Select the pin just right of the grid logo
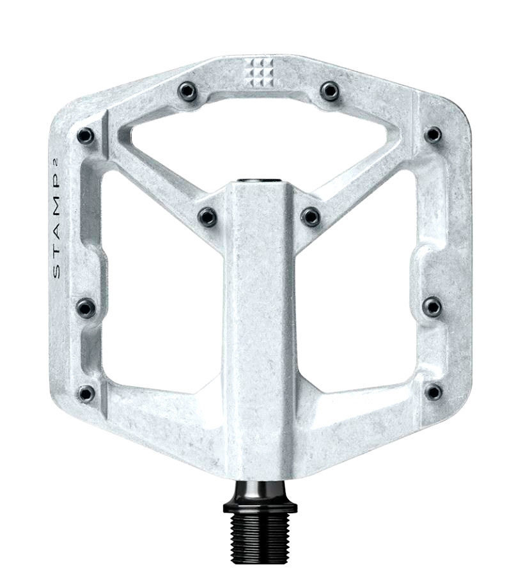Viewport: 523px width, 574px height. pyautogui.click(x=329, y=90)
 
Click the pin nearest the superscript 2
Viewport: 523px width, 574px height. pyautogui.click(x=86, y=136)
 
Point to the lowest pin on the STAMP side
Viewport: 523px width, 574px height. pyautogui.click(x=87, y=393)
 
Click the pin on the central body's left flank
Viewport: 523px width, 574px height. pyautogui.click(x=207, y=216)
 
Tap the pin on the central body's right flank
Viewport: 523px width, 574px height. pyautogui.click(x=311, y=216)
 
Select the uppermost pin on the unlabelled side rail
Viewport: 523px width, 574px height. pyautogui.click(x=433, y=135)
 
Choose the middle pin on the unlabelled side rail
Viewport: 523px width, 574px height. pyautogui.click(x=433, y=306)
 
